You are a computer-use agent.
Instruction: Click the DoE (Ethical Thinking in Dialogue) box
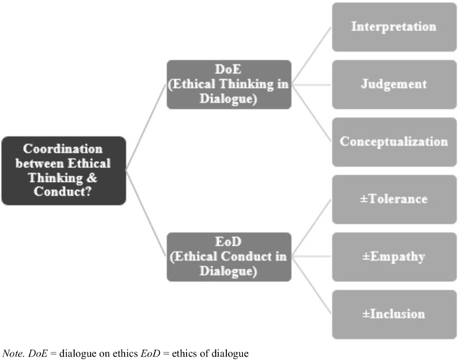coord(229,84)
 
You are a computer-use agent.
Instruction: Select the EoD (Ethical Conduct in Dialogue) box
coord(229,257)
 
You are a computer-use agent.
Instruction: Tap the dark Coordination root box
coord(63,170)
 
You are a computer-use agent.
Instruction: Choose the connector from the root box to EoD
coord(146,214)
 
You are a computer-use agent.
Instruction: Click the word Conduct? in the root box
coord(63,191)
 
